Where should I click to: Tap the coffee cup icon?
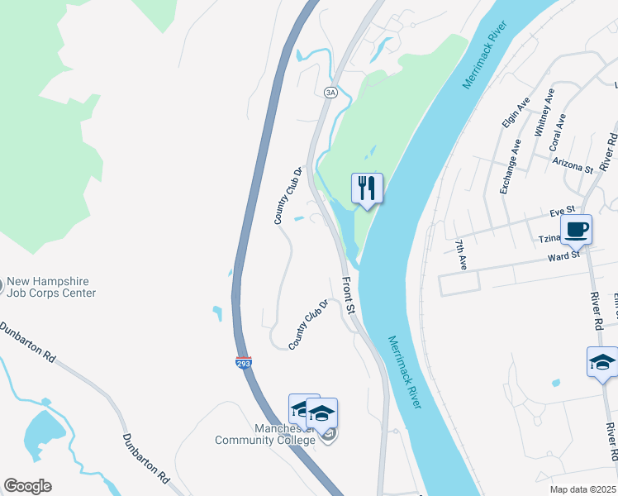[x=576, y=229]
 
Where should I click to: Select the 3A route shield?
[x=330, y=93]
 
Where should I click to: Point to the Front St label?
[x=349, y=295]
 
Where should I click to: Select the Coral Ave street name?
[x=559, y=131]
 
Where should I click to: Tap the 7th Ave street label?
[x=461, y=255]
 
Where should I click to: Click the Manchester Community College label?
[x=265, y=434]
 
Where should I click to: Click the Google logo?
[x=27, y=486]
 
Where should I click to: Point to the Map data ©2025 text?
[x=582, y=489]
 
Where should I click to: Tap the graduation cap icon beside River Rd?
[x=601, y=363]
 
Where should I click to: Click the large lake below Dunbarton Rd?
[x=44, y=434]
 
